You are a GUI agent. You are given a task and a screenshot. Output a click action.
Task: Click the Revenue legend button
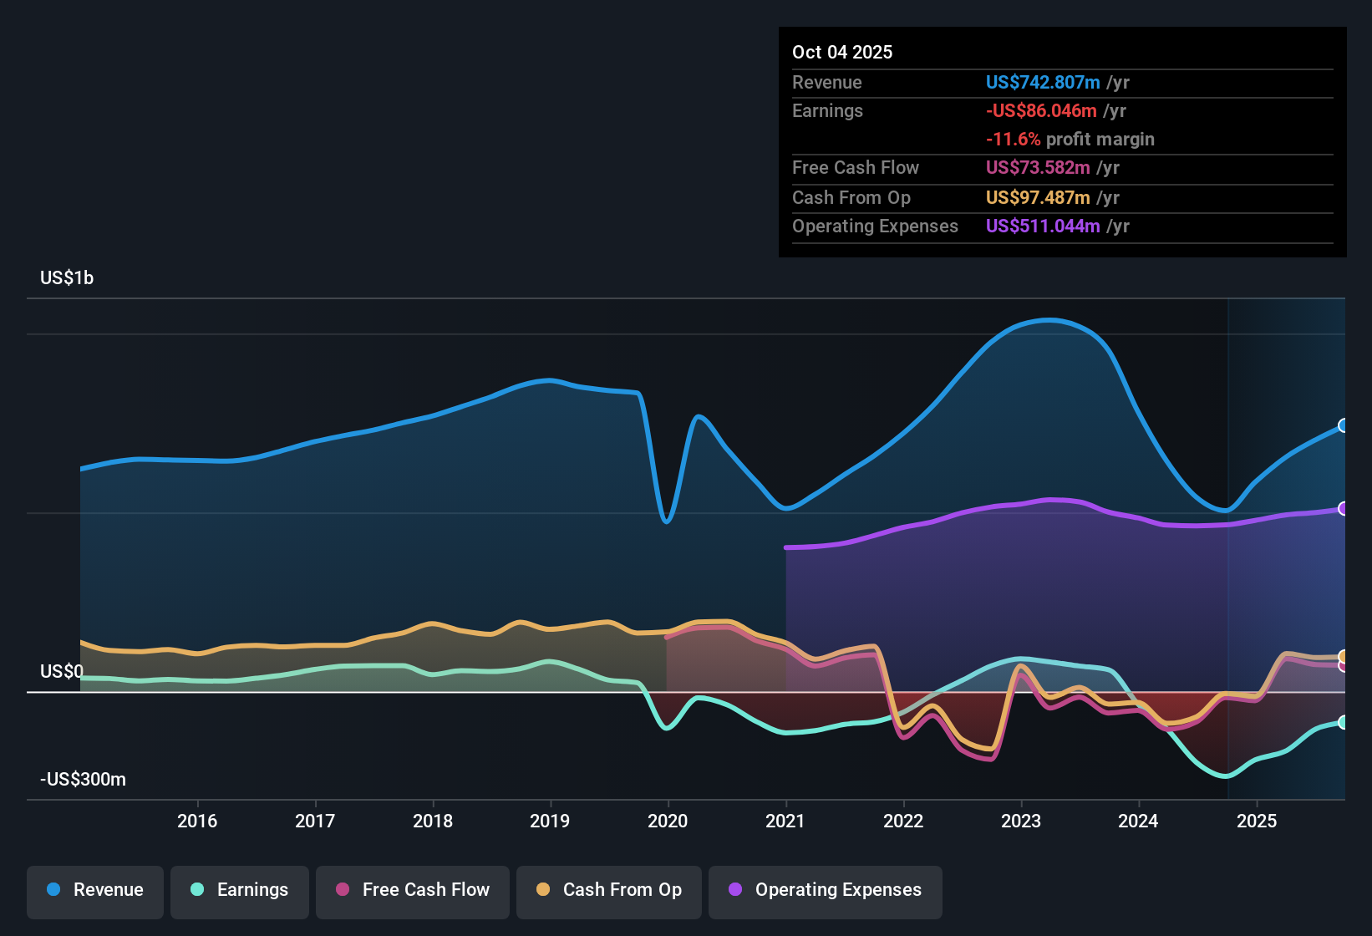pos(95,890)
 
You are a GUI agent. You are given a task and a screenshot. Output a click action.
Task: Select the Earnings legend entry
pos(239,890)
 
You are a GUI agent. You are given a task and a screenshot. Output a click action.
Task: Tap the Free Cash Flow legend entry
pos(413,890)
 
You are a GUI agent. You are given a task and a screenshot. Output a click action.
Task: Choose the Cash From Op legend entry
pos(609,890)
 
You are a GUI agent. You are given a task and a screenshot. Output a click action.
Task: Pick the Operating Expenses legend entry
pos(825,890)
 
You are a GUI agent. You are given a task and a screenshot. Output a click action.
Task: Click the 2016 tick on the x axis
pos(197,821)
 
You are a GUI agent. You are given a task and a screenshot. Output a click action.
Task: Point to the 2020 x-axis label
pos(668,821)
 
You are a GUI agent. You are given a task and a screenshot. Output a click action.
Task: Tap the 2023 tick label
pos(1021,821)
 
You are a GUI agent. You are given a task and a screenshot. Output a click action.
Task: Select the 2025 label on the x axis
pos(1257,821)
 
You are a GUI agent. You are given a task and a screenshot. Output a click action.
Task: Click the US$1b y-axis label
pos(67,278)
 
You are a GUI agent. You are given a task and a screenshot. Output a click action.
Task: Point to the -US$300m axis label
pos(83,780)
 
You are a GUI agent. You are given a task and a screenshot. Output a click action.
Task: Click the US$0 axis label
pos(62,672)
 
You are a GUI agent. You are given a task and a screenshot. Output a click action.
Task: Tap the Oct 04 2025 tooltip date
pos(842,52)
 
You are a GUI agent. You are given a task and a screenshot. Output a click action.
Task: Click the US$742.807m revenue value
pos(1042,82)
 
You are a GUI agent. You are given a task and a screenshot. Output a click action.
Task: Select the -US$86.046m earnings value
pos(1040,110)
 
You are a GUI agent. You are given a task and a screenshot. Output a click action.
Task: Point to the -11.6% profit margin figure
pos(1013,139)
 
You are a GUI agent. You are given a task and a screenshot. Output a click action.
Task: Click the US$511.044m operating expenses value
pos(1042,226)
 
